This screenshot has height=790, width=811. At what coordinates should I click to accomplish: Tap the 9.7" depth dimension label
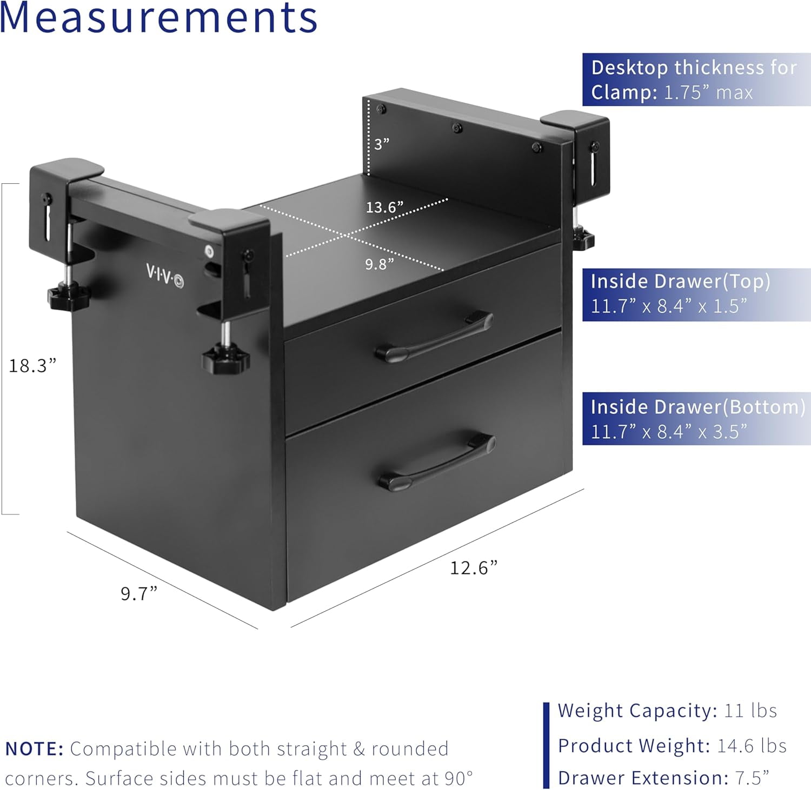[x=139, y=593]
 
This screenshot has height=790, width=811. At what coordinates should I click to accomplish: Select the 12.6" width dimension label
[x=474, y=567]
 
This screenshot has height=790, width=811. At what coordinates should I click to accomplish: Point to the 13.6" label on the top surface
[x=384, y=207]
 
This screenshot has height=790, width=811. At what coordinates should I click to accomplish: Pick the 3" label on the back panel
[x=382, y=144]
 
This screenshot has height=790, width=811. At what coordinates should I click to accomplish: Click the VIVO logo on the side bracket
[x=165, y=275]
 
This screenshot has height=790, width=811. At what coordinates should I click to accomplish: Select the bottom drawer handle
[x=436, y=460]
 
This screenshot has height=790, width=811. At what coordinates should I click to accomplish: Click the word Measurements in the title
[x=158, y=17]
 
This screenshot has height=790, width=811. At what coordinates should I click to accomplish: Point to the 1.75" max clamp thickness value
[x=708, y=92]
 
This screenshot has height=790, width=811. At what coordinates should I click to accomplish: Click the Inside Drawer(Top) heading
[x=680, y=282]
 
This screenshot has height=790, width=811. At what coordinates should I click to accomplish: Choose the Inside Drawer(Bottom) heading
[x=697, y=406]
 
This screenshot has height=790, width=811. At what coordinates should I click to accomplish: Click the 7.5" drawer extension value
[x=752, y=778]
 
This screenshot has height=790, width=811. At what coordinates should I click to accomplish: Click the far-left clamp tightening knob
[x=68, y=296]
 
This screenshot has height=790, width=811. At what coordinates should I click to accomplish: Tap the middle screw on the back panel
[x=457, y=128]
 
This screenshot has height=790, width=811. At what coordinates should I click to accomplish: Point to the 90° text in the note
[x=458, y=778]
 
